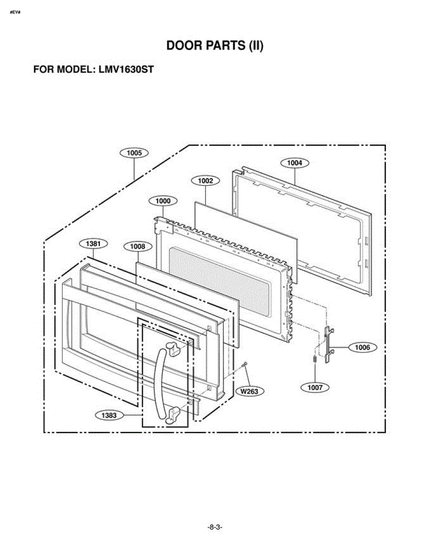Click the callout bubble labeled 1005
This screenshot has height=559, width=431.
134,153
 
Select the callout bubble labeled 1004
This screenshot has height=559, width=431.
295,163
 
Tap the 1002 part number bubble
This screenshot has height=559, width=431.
205,181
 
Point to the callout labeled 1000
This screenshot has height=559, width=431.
163,201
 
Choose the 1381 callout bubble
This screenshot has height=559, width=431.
93,244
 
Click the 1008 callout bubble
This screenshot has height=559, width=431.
138,247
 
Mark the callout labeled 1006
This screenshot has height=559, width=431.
363,348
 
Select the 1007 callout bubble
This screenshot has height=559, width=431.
315,388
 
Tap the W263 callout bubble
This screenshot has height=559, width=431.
250,391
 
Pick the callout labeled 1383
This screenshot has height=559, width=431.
109,416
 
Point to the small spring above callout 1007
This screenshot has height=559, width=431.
315,359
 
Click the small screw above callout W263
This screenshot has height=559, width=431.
245,363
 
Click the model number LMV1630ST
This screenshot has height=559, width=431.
126,69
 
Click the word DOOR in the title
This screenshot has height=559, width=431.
184,46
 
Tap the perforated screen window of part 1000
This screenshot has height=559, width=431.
219,281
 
